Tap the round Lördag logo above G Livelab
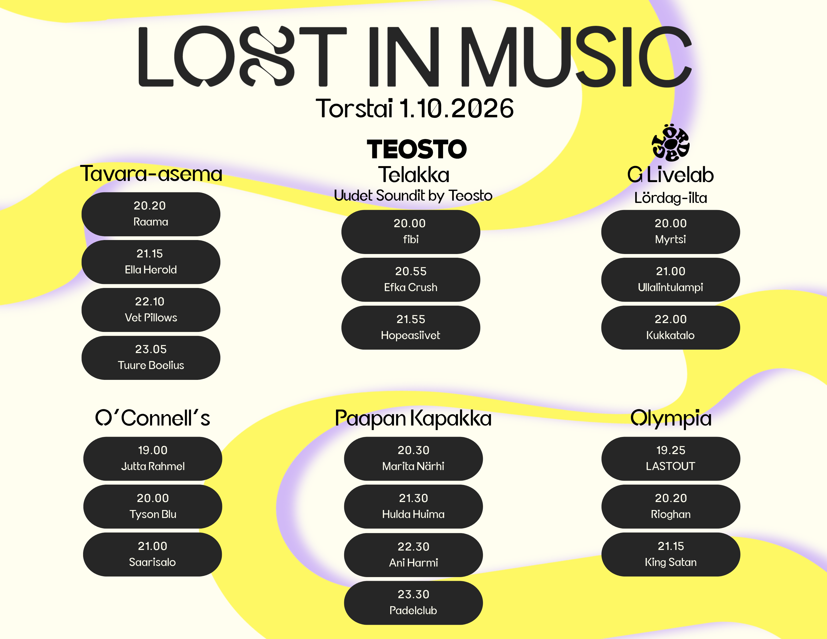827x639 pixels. (670, 143)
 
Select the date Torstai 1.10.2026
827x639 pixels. (414, 108)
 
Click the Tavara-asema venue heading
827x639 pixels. (151, 174)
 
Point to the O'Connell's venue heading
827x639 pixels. (153, 418)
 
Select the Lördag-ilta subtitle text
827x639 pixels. (671, 197)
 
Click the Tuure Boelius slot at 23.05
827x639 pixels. (151, 358)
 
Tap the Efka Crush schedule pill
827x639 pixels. (411, 280)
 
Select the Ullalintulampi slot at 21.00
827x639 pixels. (671, 280)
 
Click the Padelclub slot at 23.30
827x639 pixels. (413, 603)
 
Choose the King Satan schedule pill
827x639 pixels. (671, 554)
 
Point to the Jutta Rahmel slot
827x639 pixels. (153, 458)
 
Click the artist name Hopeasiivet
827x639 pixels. (411, 335)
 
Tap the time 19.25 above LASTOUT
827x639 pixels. (671, 450)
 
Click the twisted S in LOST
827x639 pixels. (267, 56)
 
